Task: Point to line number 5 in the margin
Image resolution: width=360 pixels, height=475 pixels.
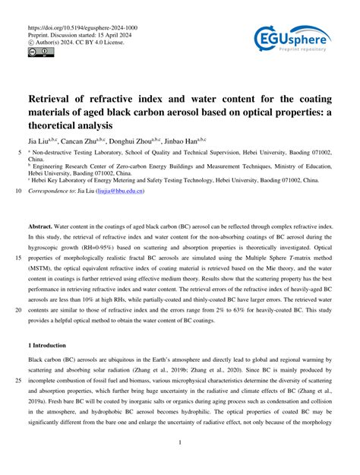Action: coord(19,152)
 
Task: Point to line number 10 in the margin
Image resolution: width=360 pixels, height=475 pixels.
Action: coord(17,192)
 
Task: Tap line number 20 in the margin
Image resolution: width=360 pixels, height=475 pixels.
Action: coord(17,311)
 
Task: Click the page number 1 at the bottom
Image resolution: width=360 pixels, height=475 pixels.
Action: coord(180,442)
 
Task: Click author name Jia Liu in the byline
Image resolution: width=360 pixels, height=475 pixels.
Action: coord(41,140)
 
